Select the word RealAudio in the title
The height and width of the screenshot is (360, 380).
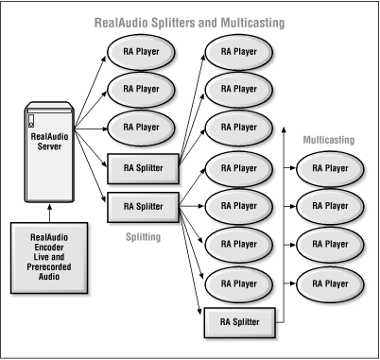click(124, 21)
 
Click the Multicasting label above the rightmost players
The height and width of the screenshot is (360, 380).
click(328, 139)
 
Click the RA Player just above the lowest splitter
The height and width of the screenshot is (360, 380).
click(237, 283)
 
